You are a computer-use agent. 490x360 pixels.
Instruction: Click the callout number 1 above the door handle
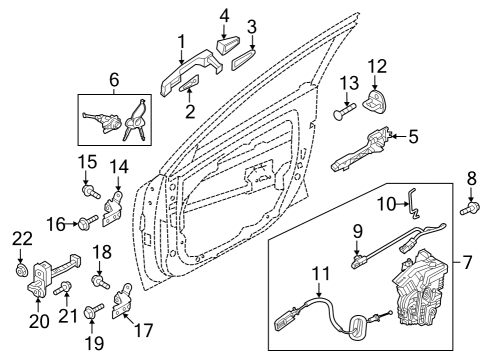[x=181, y=42]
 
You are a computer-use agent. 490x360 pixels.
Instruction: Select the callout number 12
[x=377, y=66]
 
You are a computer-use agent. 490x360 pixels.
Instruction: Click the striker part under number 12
[x=374, y=101]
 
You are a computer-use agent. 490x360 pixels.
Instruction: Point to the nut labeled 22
[x=22, y=270]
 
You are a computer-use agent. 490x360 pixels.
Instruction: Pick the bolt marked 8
[x=470, y=208]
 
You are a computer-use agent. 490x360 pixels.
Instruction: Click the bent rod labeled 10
[x=413, y=203]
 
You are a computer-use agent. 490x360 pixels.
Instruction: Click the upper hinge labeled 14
[x=112, y=209]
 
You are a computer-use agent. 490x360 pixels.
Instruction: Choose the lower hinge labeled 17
[x=122, y=301]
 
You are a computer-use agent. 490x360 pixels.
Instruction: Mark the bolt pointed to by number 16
[x=88, y=222]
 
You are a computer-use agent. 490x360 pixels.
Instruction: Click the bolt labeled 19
[x=94, y=310]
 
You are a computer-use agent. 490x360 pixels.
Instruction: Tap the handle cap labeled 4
[x=229, y=46]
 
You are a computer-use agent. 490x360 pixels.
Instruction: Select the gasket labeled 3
[x=243, y=60]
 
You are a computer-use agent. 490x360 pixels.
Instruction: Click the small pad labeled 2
[x=189, y=83]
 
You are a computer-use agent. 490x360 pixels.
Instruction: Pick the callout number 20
[x=39, y=321]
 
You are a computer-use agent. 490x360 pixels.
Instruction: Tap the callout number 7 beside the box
[x=467, y=262]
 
